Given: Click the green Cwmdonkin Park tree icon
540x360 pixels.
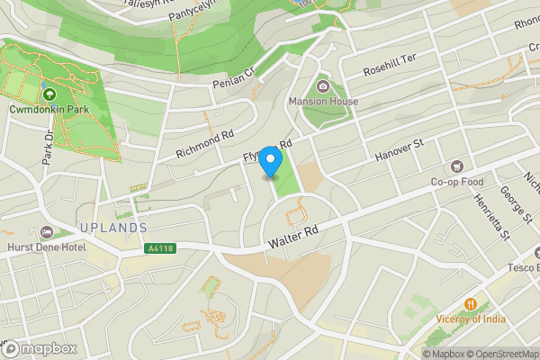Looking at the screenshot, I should pyautogui.click(x=48, y=94).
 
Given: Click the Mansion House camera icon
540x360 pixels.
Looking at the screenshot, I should pyautogui.click(x=323, y=86).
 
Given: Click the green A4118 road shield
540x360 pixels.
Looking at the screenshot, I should pyautogui.click(x=157, y=248).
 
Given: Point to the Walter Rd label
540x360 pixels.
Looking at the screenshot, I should pyautogui.click(x=294, y=238).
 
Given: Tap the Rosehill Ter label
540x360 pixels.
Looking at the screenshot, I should pyautogui.click(x=391, y=64).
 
